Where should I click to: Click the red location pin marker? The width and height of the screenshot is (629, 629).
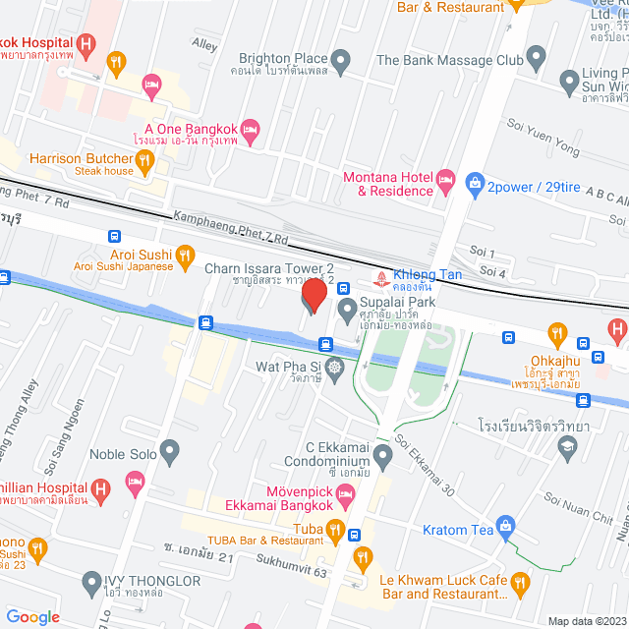(x=314, y=296)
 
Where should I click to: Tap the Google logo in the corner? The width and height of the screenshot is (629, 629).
(x=32, y=616)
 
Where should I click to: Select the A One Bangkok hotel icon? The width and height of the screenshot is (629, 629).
(x=250, y=129)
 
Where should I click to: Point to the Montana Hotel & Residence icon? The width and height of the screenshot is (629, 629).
(x=445, y=179)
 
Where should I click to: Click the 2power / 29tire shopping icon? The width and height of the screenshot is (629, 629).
(x=475, y=184)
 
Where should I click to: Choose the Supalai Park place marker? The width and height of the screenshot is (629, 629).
(x=346, y=311)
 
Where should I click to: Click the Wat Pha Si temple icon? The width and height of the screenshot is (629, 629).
(x=334, y=368)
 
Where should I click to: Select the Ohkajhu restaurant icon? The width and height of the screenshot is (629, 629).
(x=560, y=335)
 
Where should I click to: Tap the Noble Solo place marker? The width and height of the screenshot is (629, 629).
(x=170, y=453)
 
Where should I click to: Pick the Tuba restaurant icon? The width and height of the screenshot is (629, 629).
(x=334, y=532)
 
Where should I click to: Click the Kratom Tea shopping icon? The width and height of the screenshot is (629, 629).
(x=505, y=527)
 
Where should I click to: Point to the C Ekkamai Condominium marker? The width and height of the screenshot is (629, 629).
(x=382, y=454)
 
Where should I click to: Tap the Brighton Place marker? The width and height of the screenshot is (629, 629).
(x=340, y=64)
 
